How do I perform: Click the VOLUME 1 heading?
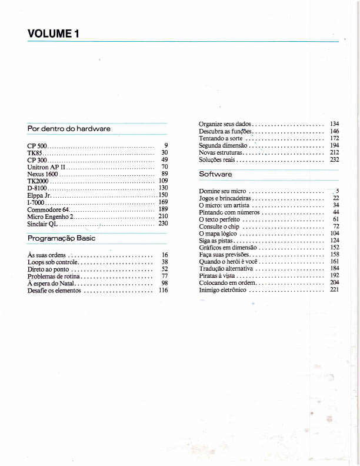pos(53,34)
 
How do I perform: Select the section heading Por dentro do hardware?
pos(69,128)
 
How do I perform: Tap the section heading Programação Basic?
pos(62,238)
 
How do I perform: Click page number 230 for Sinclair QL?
pos(164,224)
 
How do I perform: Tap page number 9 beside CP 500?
pos(166,145)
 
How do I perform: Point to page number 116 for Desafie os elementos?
pos(164,290)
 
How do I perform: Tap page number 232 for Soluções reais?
pos(335,159)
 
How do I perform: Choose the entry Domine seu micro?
pos(223,191)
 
